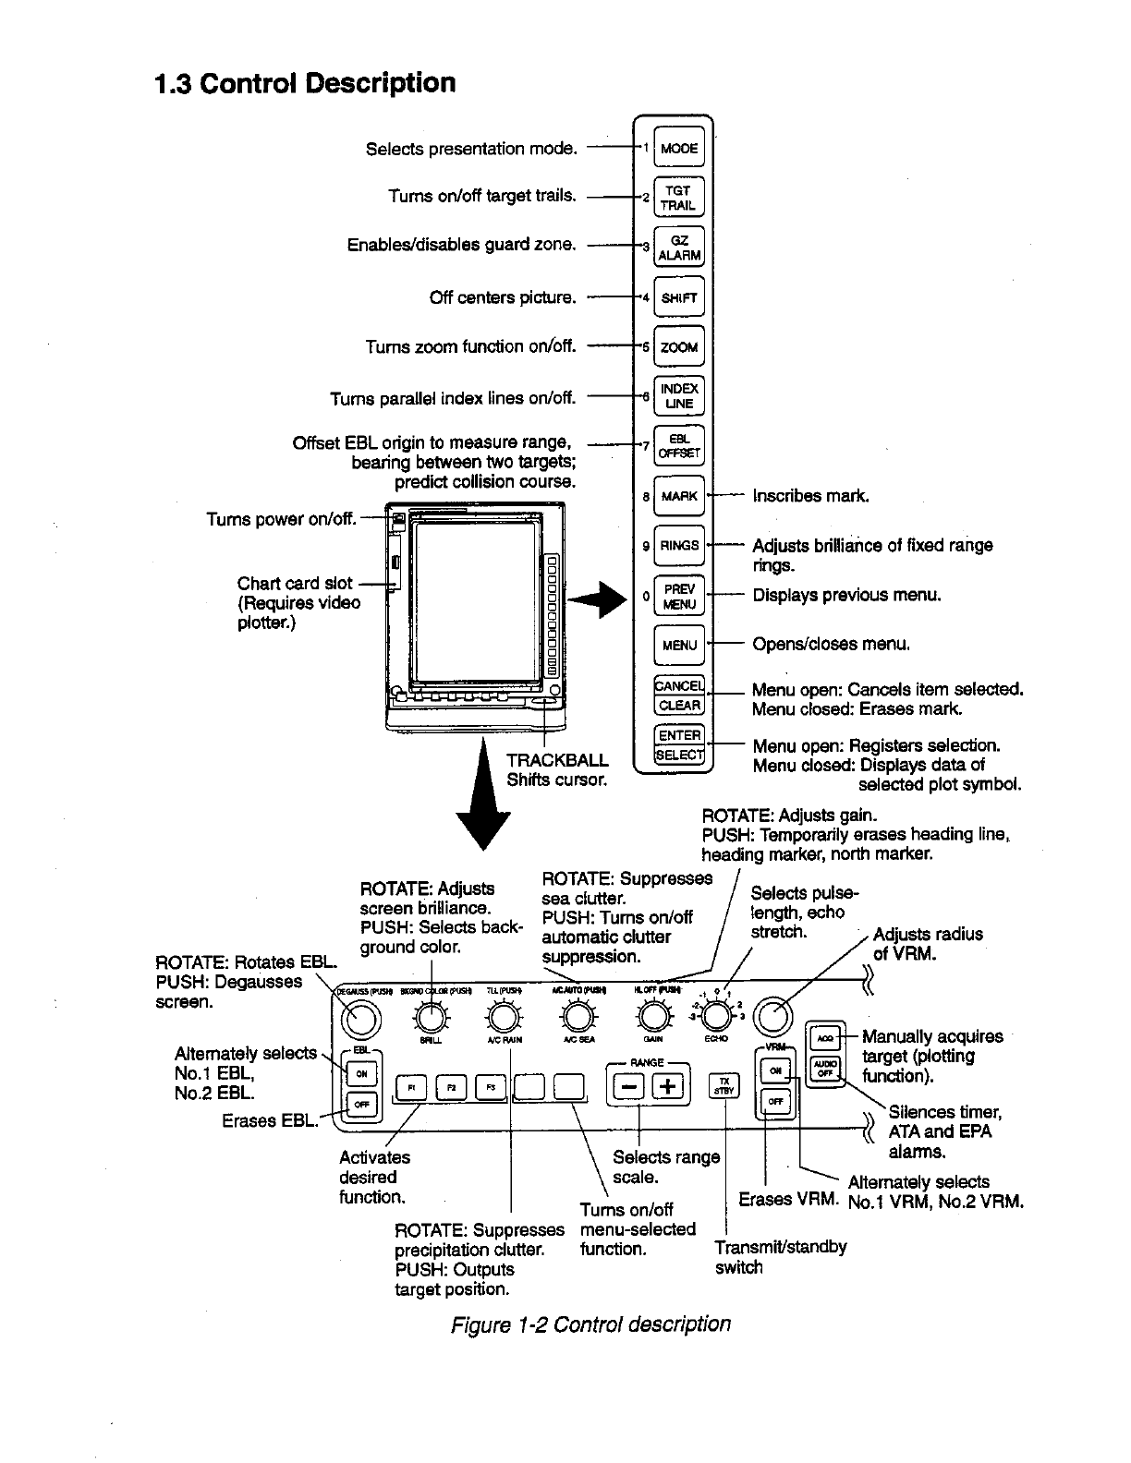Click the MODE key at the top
tap(679, 148)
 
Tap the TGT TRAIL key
tap(679, 198)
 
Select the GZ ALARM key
tap(679, 248)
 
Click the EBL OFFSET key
tap(679, 446)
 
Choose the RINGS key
tap(679, 545)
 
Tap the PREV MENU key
tap(679, 596)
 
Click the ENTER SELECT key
tap(679, 745)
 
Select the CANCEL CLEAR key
tap(679, 695)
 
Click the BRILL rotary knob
tap(430, 1018)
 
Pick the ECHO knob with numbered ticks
tap(716, 1016)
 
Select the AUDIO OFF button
tap(824, 1069)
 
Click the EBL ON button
tap(362, 1073)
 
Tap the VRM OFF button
tap(776, 1102)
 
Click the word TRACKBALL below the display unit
tap(557, 760)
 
